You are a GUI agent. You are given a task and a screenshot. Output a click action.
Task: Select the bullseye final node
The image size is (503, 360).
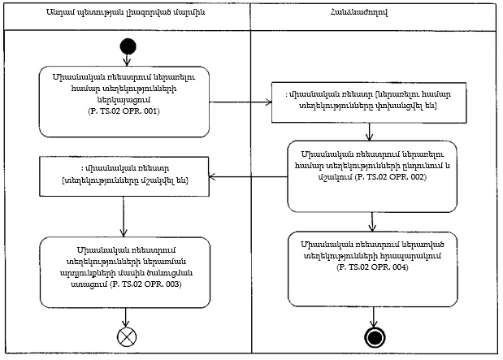click(373, 337)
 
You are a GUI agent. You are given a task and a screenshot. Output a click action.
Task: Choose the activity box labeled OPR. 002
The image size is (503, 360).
click(372, 176)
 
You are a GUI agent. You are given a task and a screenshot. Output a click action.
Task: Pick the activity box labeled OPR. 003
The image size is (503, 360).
click(124, 267)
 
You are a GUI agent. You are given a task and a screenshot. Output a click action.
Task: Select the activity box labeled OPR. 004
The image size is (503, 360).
click(372, 256)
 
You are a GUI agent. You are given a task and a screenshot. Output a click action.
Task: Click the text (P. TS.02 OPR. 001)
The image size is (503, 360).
click(124, 123)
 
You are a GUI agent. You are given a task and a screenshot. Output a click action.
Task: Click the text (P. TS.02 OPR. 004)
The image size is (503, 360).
click(372, 267)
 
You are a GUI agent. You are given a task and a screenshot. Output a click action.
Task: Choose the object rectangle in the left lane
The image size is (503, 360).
click(124, 175)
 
